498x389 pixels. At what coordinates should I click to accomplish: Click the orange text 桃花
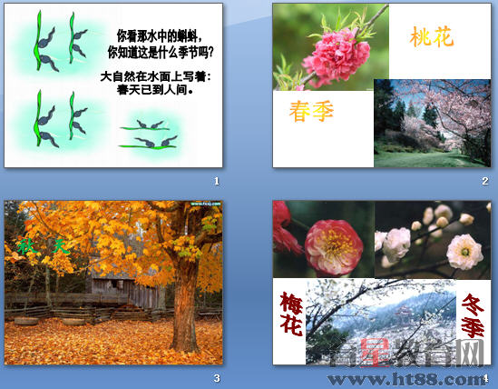coord(432,38)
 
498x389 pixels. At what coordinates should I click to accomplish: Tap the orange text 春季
coord(312,112)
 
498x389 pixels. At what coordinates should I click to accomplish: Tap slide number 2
coord(485,182)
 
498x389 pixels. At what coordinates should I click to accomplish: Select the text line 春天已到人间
coord(158,90)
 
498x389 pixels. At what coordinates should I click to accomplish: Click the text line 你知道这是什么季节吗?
coord(165,52)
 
